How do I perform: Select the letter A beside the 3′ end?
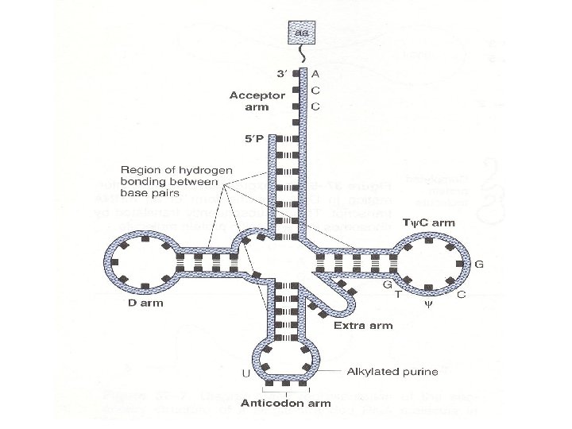click(316, 74)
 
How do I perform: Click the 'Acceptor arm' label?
click(253, 100)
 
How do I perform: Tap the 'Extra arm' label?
click(355, 326)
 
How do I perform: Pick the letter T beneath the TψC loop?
click(399, 295)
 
